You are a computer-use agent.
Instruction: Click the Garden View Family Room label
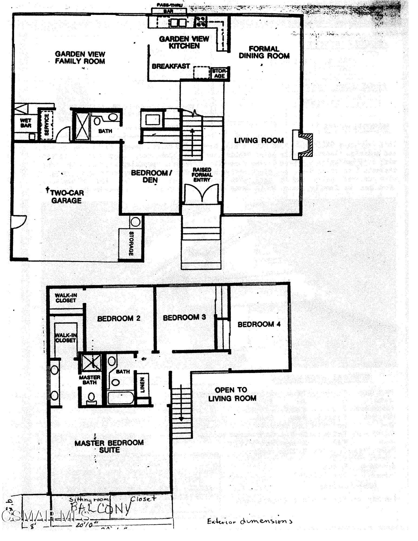click(80, 58)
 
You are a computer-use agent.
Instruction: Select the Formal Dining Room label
click(264, 52)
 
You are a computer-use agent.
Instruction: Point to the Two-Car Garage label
click(66, 197)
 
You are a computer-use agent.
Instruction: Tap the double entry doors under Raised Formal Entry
click(202, 193)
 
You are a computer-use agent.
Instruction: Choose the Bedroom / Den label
click(151, 176)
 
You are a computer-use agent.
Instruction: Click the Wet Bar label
click(26, 123)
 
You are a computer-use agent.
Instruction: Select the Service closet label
click(47, 125)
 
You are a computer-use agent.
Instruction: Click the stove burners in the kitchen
click(201, 21)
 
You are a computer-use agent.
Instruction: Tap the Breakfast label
click(171, 66)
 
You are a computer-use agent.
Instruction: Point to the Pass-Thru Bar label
click(169, 8)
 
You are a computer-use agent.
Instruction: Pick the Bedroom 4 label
click(259, 324)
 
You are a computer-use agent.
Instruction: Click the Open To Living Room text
click(232, 394)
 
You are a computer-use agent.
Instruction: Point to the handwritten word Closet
click(143, 499)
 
